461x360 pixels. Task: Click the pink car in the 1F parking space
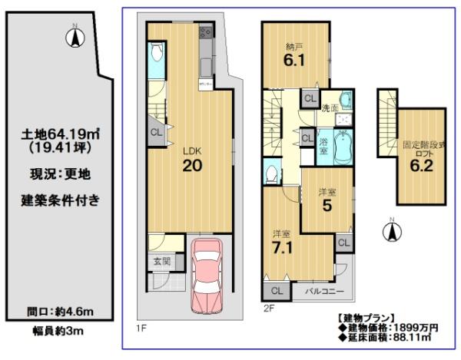207,276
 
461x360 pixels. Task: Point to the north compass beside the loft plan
392,230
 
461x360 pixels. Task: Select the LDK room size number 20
192,166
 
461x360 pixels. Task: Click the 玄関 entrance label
162,261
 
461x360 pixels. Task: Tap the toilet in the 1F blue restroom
157,52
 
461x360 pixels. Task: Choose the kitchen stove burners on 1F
205,32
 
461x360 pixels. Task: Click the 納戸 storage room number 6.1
294,60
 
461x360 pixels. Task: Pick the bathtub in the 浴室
343,147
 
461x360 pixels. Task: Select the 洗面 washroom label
330,108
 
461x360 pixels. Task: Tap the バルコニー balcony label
324,291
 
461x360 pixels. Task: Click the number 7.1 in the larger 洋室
282,248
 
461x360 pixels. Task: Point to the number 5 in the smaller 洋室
327,206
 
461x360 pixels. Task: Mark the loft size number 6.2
422,166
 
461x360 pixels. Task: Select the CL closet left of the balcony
277,291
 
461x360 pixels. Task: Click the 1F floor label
141,328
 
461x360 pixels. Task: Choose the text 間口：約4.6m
60,312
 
